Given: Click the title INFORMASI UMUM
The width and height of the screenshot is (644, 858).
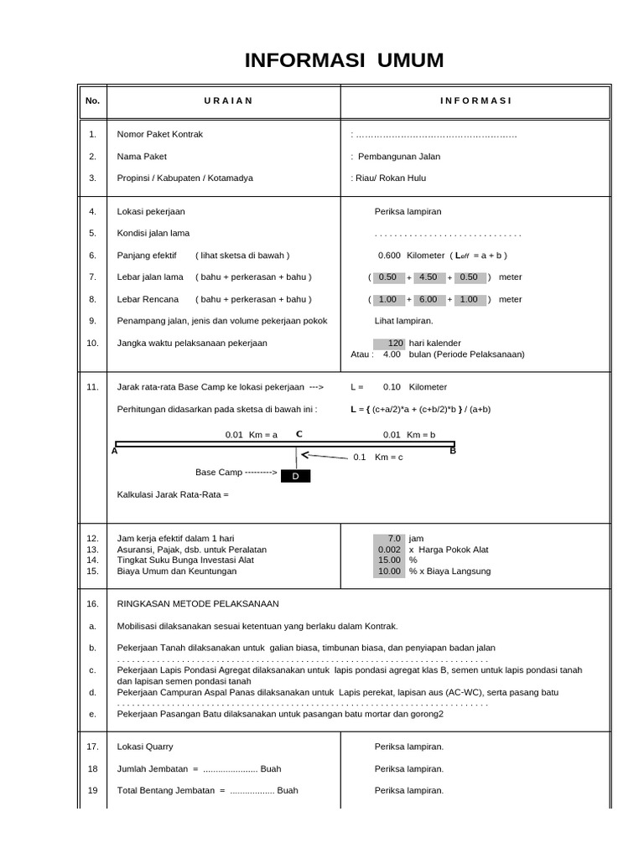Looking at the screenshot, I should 344,60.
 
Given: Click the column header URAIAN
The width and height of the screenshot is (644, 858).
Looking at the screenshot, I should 228,101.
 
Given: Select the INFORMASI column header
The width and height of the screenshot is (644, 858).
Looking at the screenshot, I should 475,101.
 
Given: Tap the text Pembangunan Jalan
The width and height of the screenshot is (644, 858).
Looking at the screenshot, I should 398,156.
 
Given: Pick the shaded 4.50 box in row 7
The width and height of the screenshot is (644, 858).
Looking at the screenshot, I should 428,277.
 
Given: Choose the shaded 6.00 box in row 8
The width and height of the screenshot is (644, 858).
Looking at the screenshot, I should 428,299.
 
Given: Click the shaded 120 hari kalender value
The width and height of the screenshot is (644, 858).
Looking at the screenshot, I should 390,343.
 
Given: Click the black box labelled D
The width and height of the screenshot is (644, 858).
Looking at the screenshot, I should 294,476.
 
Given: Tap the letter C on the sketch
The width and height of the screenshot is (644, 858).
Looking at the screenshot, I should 299,434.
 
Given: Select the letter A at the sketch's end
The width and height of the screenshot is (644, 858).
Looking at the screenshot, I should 114,451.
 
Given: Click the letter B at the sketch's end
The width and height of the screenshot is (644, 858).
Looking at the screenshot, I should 453,451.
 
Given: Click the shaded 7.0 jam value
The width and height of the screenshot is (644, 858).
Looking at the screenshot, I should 390,538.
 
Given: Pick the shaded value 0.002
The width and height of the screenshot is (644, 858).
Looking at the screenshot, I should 390,549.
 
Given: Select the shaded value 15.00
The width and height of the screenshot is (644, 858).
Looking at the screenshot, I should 390,560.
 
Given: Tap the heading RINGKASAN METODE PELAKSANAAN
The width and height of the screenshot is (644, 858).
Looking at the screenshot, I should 198,603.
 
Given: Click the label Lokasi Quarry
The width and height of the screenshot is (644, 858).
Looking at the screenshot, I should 145,746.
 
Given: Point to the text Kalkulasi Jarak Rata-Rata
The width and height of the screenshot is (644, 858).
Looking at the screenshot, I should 173,494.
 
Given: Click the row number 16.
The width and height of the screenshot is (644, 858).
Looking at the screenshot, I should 92,603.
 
